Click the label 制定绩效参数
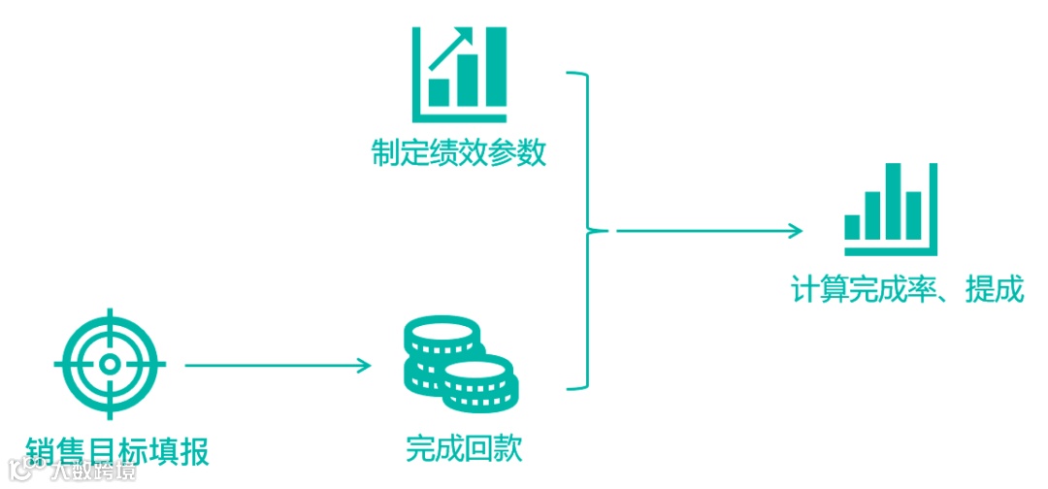[459, 153]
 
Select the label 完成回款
[464, 449]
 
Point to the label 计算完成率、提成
[907, 289]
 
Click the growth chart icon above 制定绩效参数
[459, 68]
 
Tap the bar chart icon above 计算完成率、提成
[891, 205]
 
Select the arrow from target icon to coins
[278, 366]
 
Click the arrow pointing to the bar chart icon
[709, 231]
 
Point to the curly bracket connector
[586, 231]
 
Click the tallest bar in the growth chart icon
[495, 66]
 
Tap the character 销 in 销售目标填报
[43, 451]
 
